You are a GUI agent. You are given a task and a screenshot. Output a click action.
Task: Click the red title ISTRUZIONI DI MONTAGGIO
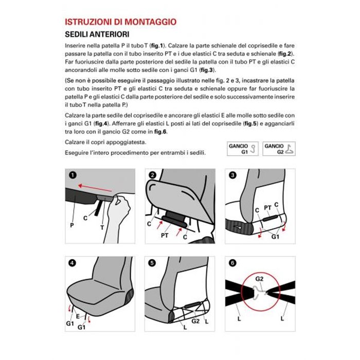121,22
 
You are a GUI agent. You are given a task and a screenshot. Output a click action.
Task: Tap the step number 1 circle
73,175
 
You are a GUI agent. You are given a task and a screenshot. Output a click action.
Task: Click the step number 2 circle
152,175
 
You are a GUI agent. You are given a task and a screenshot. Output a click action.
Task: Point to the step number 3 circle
232,175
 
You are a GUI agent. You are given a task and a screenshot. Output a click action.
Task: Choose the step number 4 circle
73,263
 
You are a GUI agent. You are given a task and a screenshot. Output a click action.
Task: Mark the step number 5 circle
152,263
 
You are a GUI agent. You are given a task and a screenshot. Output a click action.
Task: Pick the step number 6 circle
232,263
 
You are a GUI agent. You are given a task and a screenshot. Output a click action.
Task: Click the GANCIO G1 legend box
242,149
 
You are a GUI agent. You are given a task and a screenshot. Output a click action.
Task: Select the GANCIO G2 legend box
278,149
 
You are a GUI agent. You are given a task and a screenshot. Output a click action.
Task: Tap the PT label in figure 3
267,207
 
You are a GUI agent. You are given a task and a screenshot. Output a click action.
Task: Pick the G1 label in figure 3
276,236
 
